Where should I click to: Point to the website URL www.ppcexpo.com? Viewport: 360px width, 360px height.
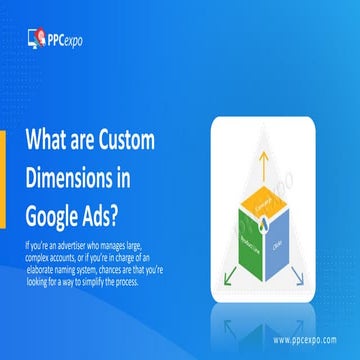coord(306,339)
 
